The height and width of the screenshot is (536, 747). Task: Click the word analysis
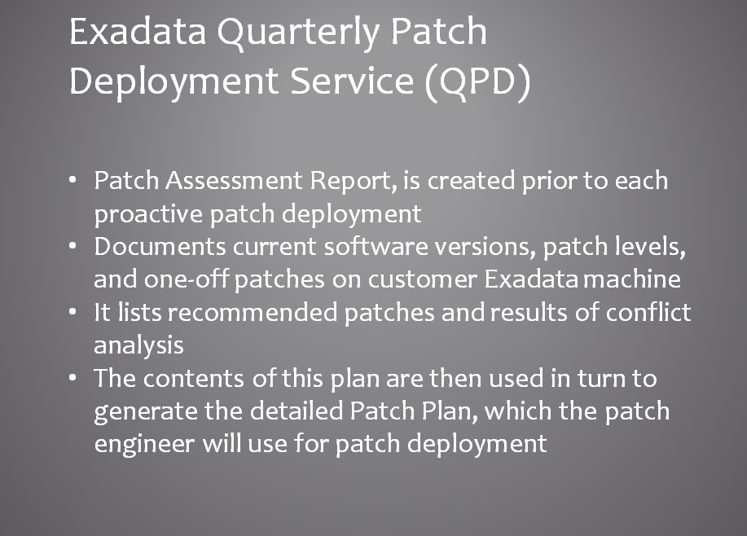[x=138, y=345]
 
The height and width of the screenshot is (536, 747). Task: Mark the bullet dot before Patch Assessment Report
[x=75, y=179]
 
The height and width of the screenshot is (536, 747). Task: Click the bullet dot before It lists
[x=75, y=311]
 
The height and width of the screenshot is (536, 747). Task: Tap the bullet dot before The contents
[x=75, y=377]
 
